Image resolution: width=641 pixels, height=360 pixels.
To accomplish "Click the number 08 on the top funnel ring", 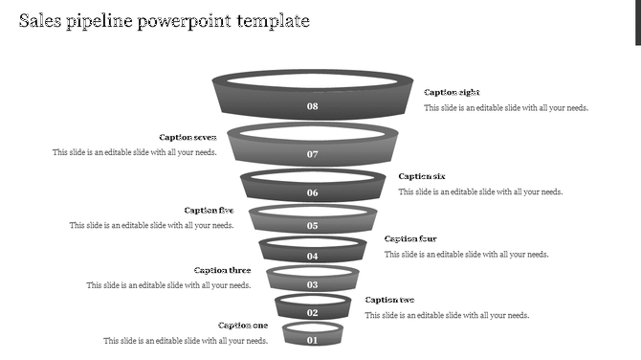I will pos(312,106).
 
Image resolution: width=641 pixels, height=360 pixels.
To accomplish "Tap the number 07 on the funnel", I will pos(312,154).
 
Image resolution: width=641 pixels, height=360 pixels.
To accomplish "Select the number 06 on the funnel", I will pos(312,192).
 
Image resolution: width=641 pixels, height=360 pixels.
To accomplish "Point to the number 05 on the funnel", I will pos(312,226).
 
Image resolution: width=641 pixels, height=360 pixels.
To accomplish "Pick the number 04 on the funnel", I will pos(312,257).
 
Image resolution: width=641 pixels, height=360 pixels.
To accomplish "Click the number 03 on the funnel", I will pos(312,285).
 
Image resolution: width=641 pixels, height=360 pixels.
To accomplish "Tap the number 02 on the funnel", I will pos(312,313).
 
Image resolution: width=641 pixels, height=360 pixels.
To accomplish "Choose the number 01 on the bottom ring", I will pos(312,340).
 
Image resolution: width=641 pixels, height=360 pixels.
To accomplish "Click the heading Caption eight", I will pos(452,93).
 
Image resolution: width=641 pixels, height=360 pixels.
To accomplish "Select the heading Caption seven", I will pos(188,138).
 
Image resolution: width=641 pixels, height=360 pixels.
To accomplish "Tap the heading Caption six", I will pos(422,176).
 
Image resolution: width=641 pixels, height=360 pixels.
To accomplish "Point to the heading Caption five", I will pos(209,211).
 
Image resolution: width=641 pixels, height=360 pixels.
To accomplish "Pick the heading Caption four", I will pos(410,239).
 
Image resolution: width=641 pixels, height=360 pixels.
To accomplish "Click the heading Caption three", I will pos(222,271).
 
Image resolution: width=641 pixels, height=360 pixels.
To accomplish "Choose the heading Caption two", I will pos(389,301).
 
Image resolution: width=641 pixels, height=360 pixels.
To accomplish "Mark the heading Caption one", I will pos(243,326).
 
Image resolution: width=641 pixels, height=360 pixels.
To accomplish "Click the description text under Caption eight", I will pos(506,108).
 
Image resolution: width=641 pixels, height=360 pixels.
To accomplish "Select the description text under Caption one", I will pos(186,341).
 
